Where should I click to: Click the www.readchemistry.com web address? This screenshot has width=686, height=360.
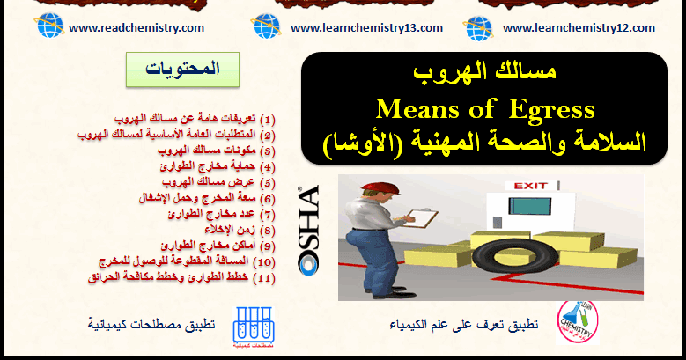(x=136, y=28)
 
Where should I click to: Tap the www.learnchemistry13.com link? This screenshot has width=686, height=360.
(x=366, y=28)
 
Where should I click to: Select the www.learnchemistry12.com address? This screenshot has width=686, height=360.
(x=579, y=28)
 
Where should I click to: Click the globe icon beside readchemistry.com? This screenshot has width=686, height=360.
(x=50, y=26)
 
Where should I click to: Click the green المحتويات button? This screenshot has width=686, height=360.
(x=182, y=70)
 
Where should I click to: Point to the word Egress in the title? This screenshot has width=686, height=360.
(x=552, y=110)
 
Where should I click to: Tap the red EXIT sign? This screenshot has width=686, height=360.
(x=531, y=186)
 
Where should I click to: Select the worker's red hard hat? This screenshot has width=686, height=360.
(x=380, y=188)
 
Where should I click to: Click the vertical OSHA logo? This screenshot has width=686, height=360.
(x=308, y=231)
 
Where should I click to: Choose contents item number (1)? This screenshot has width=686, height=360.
(x=195, y=119)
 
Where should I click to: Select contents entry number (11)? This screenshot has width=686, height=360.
(x=181, y=277)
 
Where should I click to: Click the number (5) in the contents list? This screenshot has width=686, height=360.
(x=268, y=183)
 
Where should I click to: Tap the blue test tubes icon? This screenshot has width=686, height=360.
(x=254, y=326)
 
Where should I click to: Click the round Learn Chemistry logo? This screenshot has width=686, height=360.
(x=577, y=322)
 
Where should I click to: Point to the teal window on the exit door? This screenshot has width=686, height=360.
(x=529, y=206)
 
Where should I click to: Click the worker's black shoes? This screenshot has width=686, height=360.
(x=393, y=292)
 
